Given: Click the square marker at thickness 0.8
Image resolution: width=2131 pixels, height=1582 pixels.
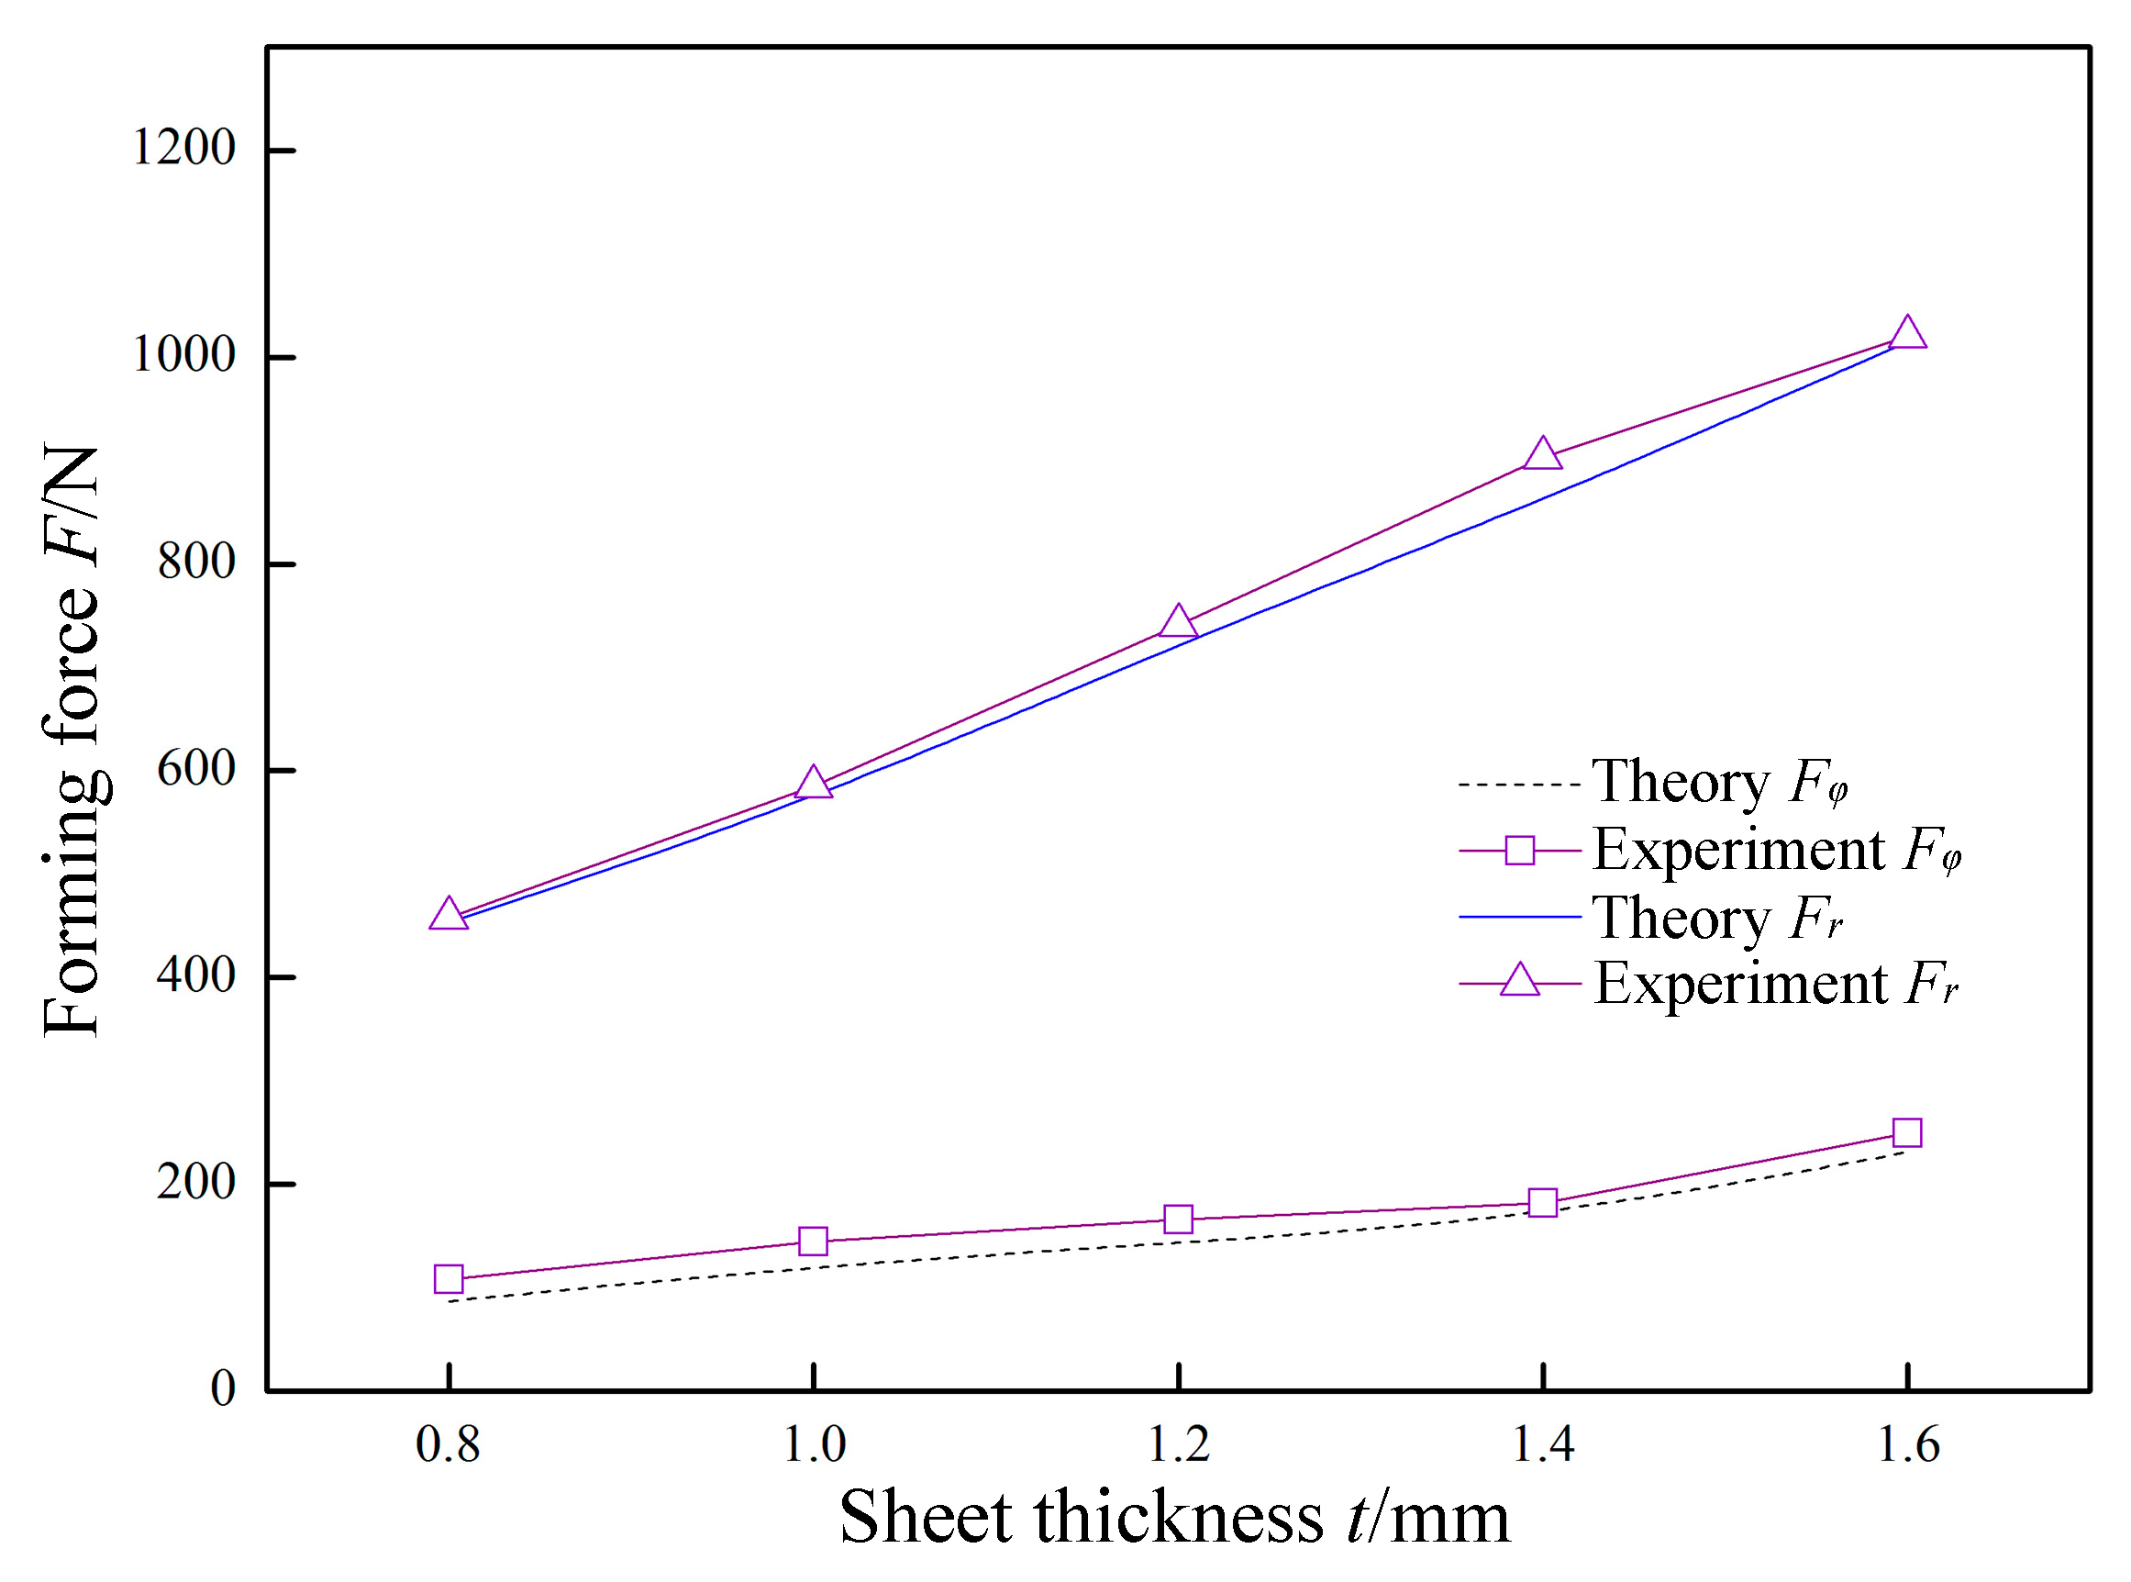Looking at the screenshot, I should coord(448,1279).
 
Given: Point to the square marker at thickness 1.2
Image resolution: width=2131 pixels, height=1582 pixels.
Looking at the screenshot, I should coord(1179,1219).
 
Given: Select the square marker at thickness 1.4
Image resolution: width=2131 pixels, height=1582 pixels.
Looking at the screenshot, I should coord(1542,1203).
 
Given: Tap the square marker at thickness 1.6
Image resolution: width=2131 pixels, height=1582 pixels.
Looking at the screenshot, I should coord(1907,1133).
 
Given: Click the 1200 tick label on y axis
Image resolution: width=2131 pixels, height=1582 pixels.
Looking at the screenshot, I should coord(183,149).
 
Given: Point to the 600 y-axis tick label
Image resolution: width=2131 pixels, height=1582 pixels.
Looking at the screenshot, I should coord(195,769).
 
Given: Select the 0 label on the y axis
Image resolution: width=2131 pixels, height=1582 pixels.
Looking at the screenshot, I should coord(222,1388).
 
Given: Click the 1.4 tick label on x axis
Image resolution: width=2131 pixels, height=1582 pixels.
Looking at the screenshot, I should coord(1542,1445).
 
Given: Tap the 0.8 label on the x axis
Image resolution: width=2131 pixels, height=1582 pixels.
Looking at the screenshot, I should coord(447,1445).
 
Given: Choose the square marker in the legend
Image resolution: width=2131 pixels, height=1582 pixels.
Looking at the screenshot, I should coord(1519,850).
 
